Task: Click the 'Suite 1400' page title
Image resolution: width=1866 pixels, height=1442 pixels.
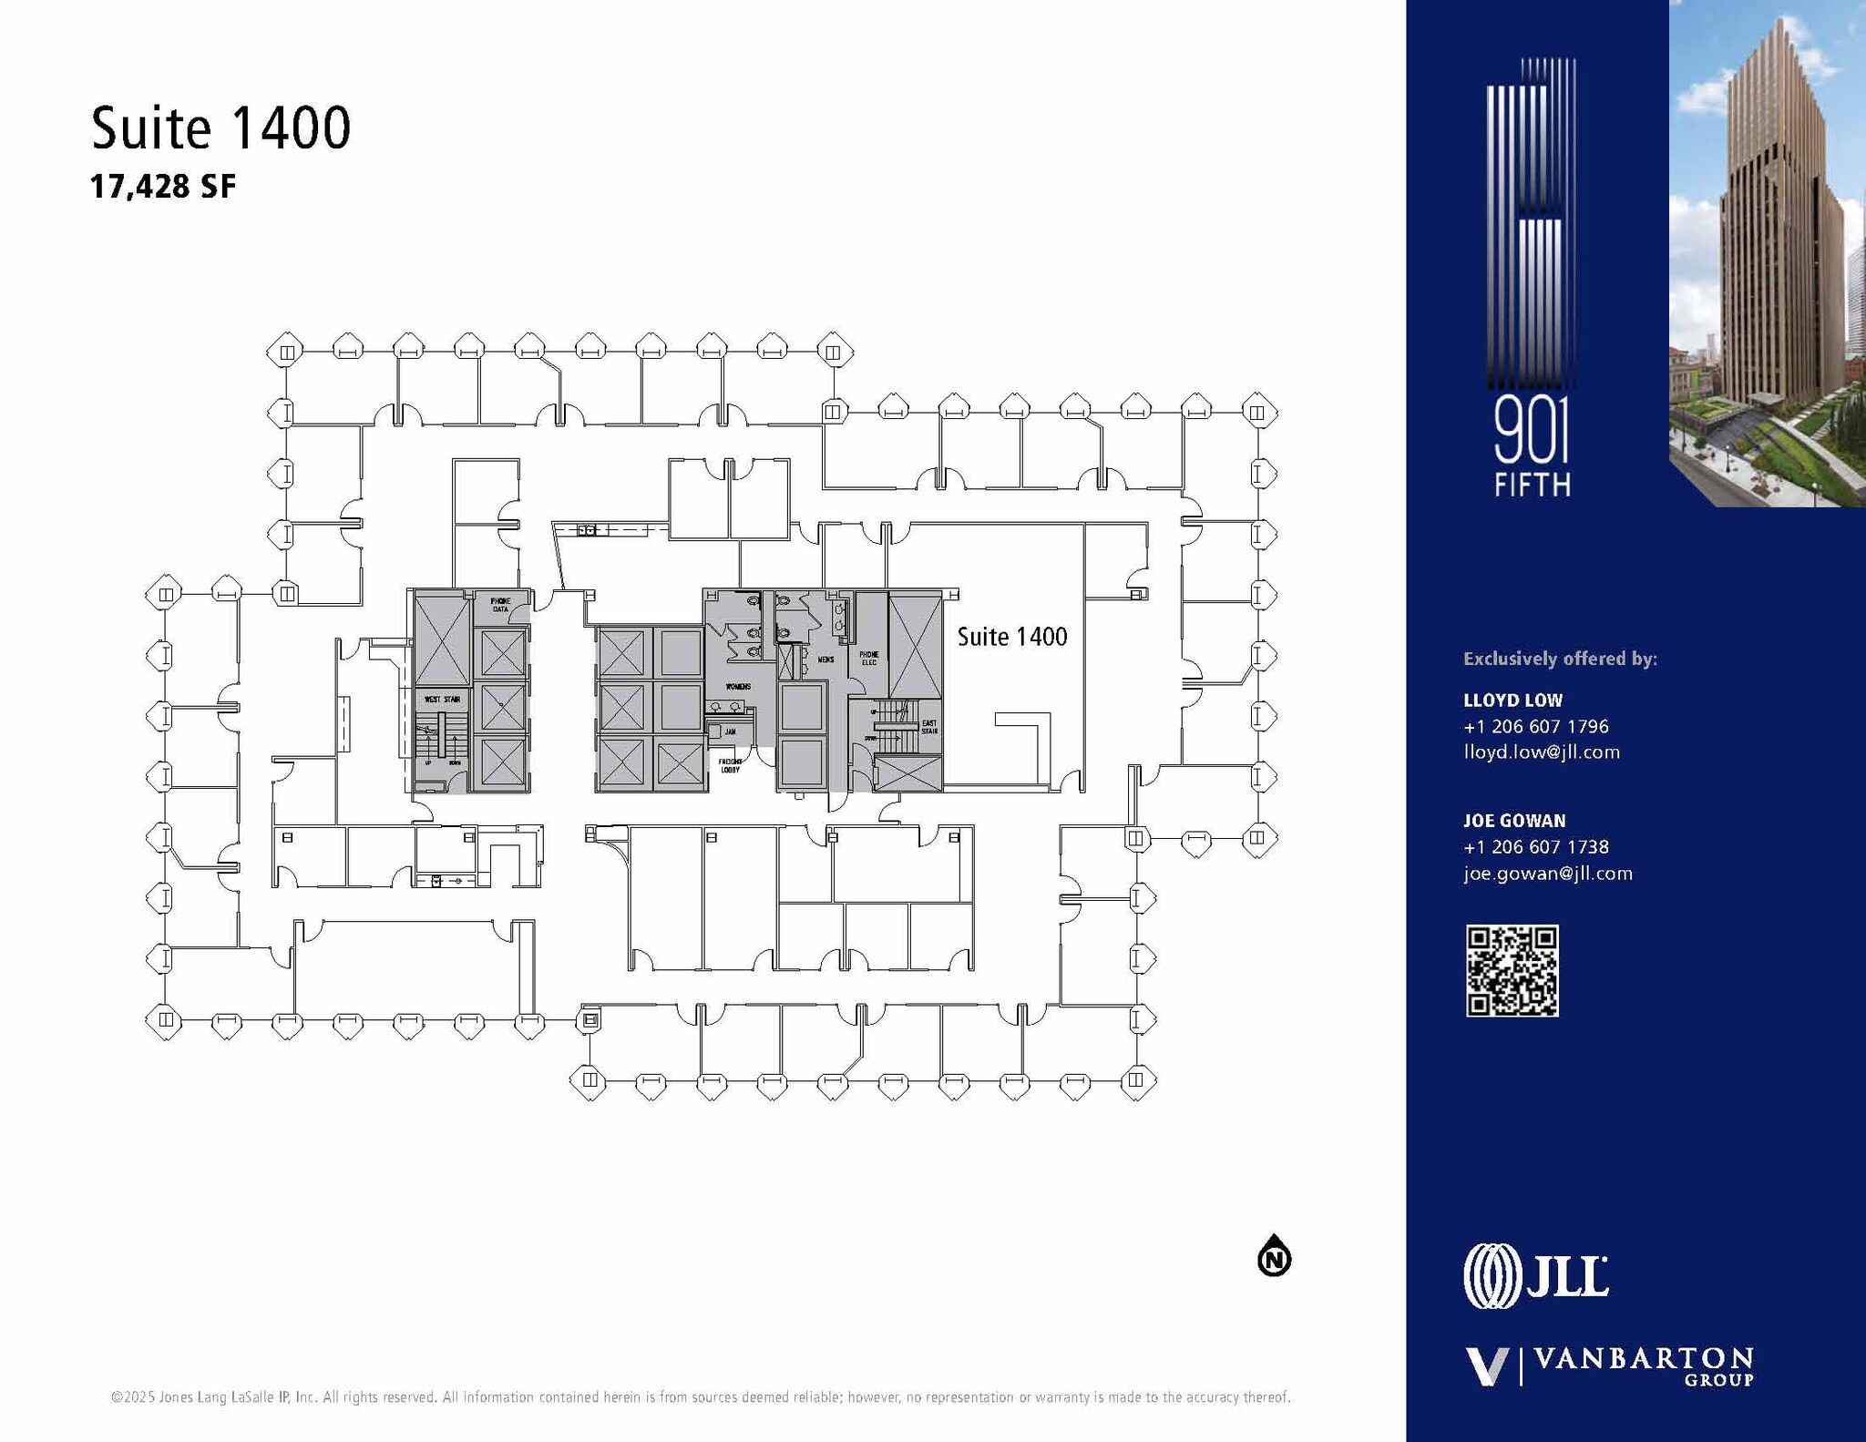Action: pyautogui.click(x=220, y=128)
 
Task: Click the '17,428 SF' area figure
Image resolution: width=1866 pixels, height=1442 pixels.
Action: pyautogui.click(x=162, y=187)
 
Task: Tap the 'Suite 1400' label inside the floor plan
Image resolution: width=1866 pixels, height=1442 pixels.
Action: pyautogui.click(x=1011, y=637)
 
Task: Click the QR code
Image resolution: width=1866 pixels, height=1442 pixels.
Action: pyautogui.click(x=1512, y=970)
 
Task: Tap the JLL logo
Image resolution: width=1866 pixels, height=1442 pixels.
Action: pyautogui.click(x=1536, y=1276)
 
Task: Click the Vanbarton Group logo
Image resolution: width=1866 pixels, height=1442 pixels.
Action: pyautogui.click(x=1609, y=1366)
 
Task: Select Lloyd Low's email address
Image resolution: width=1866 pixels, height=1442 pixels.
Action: pyautogui.click(x=1541, y=752)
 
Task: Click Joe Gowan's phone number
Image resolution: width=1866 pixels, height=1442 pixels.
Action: pyautogui.click(x=1535, y=847)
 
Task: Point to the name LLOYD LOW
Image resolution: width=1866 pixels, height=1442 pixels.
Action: pyautogui.click(x=1512, y=701)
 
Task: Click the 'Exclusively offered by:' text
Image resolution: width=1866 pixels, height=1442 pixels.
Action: pyautogui.click(x=1560, y=659)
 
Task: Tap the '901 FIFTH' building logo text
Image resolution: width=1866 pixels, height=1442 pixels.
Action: pyautogui.click(x=1532, y=451)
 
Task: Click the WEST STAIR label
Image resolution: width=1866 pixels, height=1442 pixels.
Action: pyautogui.click(x=442, y=700)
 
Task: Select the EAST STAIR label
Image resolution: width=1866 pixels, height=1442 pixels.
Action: pyautogui.click(x=928, y=727)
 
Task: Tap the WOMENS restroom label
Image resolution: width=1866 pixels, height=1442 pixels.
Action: pyautogui.click(x=737, y=686)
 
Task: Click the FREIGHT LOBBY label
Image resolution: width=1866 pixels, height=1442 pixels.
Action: pyautogui.click(x=730, y=765)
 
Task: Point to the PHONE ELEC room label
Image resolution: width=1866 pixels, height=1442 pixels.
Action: pyautogui.click(x=868, y=658)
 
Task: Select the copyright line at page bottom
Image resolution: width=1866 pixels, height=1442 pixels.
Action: pyautogui.click(x=700, y=1397)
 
